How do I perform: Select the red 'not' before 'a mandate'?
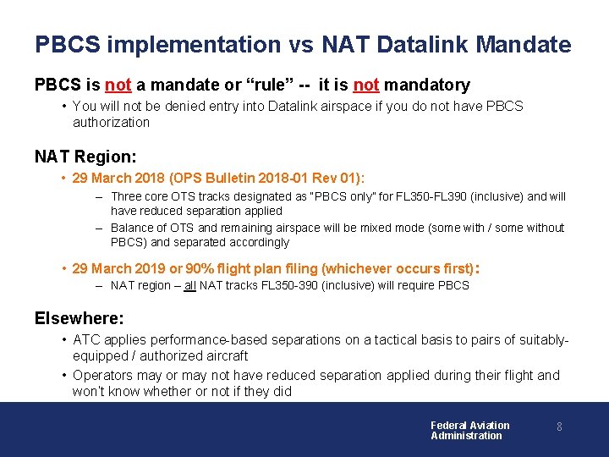(118, 85)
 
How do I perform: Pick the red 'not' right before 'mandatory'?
(365, 85)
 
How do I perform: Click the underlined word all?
(190, 285)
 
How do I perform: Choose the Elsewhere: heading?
(79, 318)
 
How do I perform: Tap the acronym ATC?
(86, 339)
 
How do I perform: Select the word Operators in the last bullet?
(102, 375)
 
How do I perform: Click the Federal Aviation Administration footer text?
(469, 430)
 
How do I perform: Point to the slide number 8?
(559, 427)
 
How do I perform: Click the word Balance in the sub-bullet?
(132, 228)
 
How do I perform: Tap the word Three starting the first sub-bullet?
(127, 196)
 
